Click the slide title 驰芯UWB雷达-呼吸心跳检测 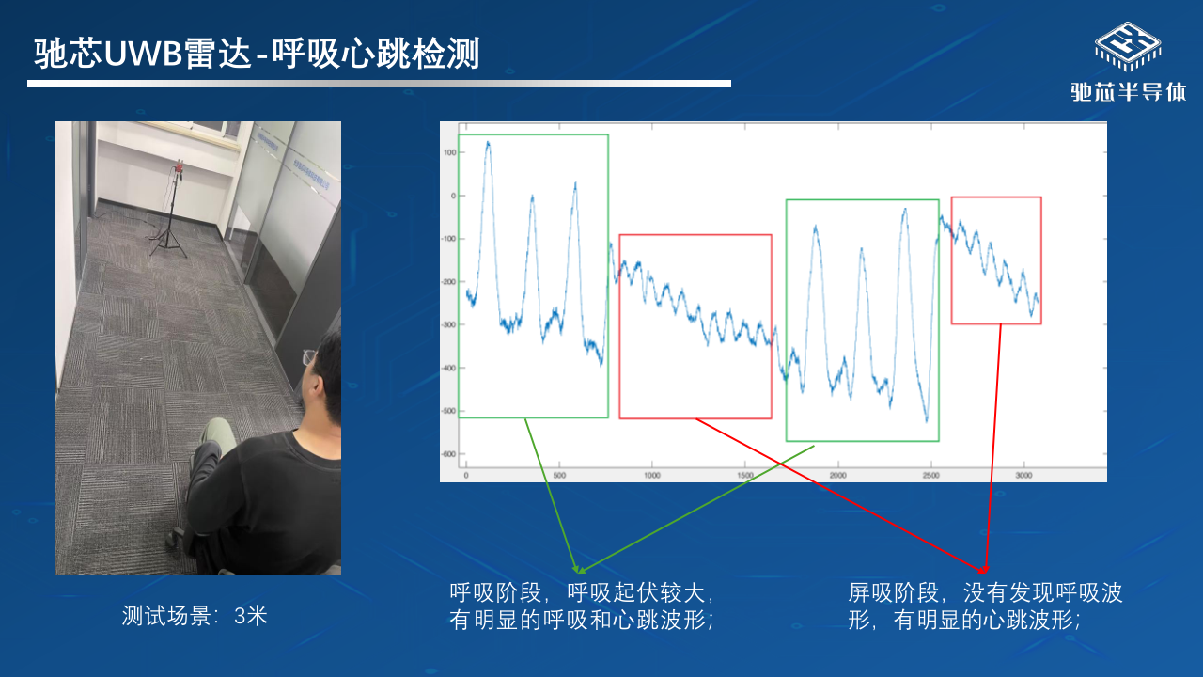257,54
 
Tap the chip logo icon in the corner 1128,47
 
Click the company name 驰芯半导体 1129,92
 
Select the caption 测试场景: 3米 195,616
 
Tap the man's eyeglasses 309,357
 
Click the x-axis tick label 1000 652,476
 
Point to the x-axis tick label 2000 837,476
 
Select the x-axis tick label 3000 1023,476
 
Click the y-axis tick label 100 449,152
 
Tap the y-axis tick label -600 448,454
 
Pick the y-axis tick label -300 448,325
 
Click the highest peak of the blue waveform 488,142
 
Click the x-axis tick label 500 559,476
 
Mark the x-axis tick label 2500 930,476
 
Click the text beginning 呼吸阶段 582,606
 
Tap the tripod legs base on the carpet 168,244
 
